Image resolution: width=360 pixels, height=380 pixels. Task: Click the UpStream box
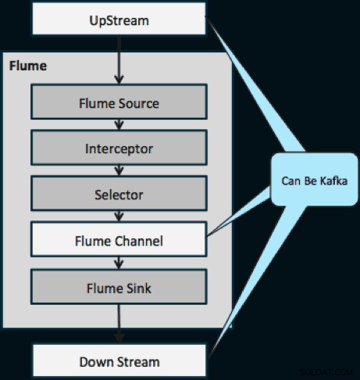point(119,19)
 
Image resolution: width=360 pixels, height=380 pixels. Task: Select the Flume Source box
point(119,102)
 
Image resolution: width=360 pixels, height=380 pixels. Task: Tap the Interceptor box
point(119,148)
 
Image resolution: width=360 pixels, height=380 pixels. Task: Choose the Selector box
point(119,193)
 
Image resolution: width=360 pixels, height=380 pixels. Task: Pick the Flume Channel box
point(119,239)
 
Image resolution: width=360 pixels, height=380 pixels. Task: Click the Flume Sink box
point(119,287)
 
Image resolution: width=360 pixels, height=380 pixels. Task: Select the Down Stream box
point(119,360)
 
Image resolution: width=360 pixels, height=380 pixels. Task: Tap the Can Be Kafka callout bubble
point(315,180)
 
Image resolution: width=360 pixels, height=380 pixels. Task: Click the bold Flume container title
point(28,66)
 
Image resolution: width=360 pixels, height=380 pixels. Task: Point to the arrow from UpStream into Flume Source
point(119,59)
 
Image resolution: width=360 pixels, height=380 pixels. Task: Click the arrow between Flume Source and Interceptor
point(119,124)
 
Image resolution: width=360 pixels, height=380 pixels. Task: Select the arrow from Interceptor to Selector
point(119,170)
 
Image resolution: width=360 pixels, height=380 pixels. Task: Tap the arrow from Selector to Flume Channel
point(119,217)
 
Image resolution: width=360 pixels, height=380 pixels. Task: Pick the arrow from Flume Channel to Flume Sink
point(119,263)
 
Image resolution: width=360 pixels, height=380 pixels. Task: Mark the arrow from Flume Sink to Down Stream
point(119,324)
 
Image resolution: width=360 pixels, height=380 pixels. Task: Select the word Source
point(139,103)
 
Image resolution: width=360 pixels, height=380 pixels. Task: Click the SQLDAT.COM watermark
point(326,372)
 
